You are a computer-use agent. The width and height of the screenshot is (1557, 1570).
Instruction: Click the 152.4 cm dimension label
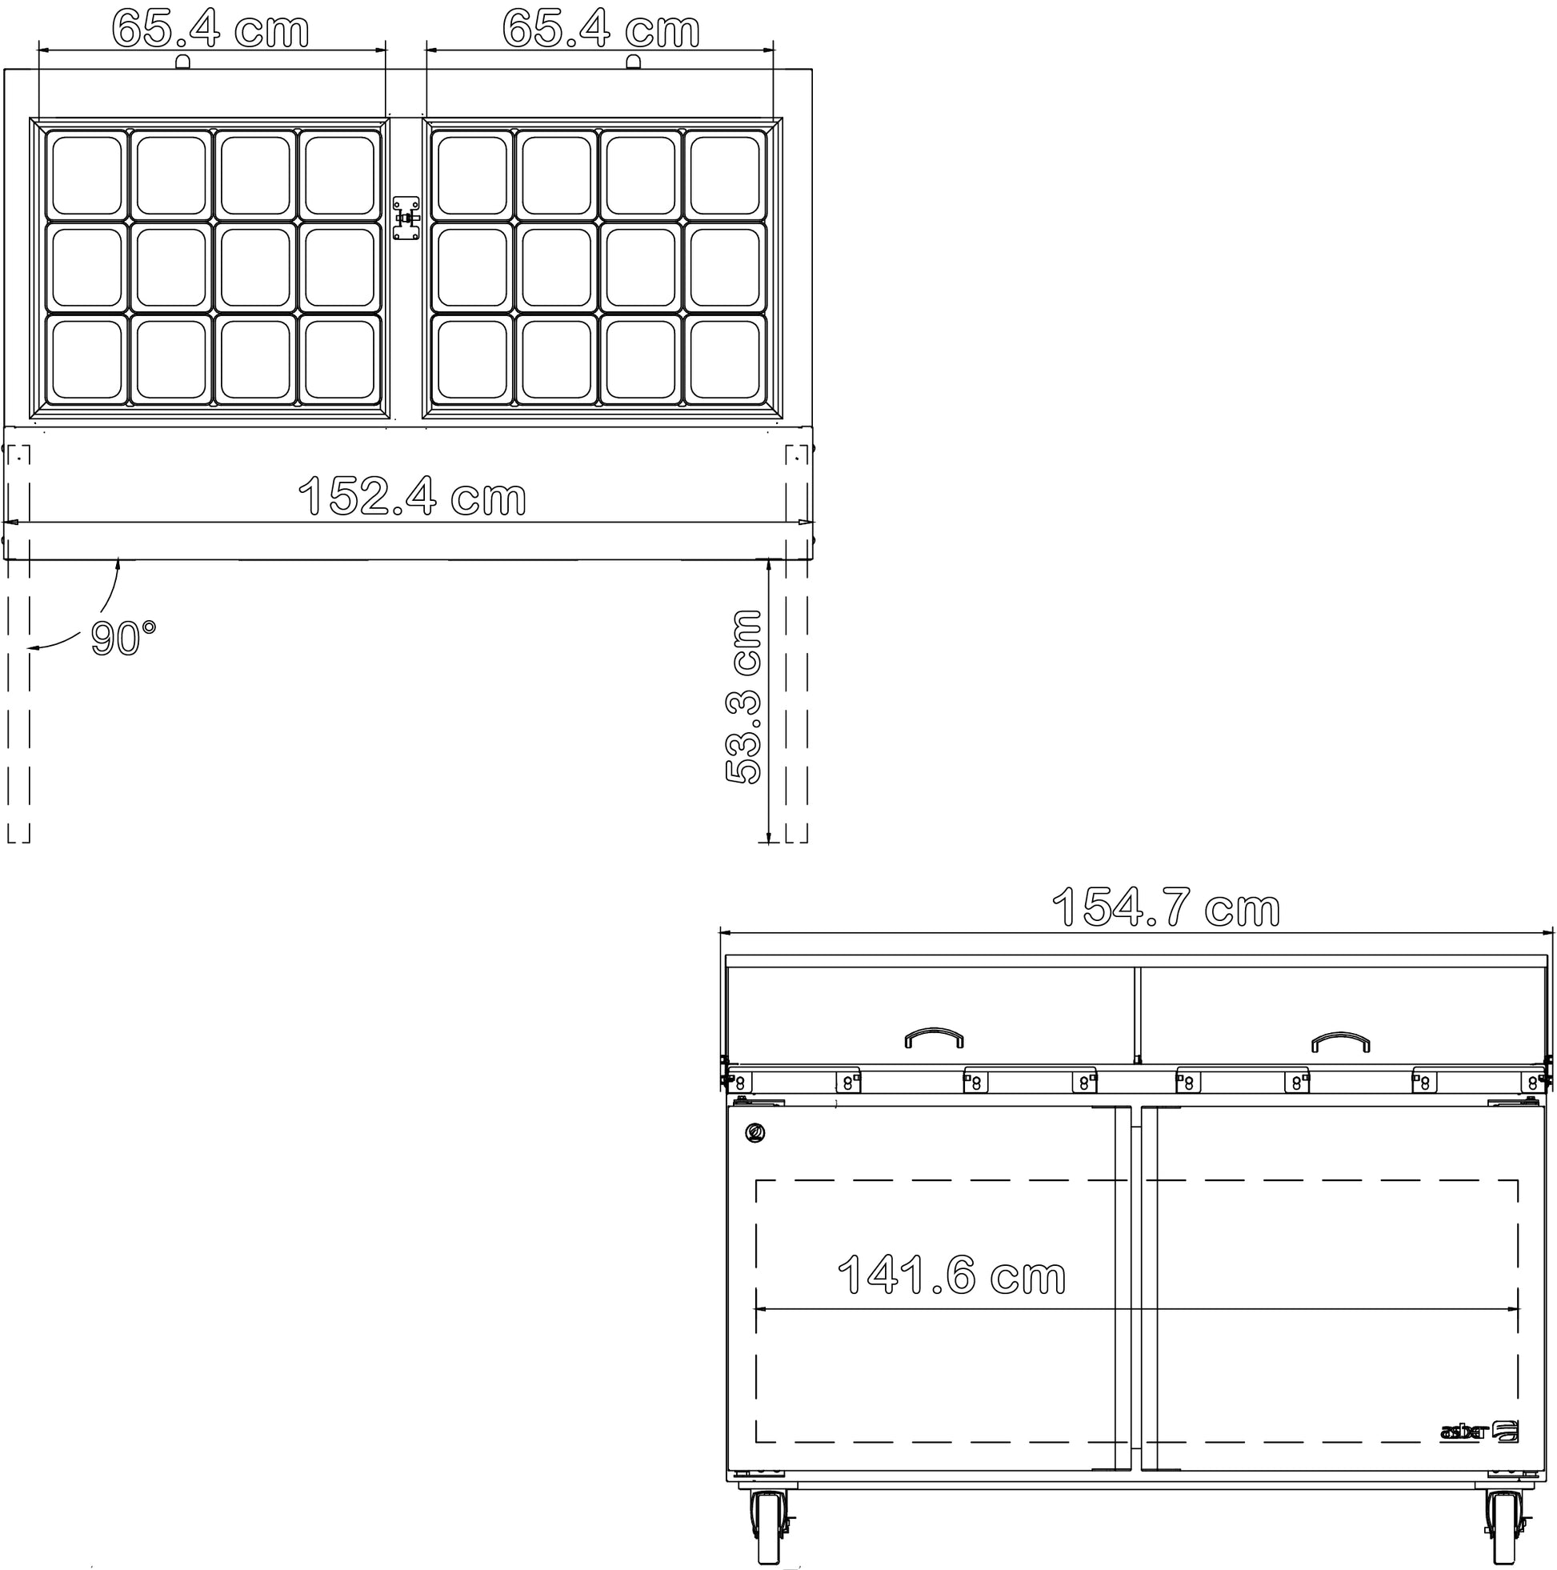click(x=413, y=495)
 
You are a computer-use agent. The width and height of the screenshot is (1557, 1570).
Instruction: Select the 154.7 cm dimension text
click(x=1166, y=907)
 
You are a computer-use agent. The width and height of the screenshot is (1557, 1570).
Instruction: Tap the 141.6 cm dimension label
click(x=951, y=1274)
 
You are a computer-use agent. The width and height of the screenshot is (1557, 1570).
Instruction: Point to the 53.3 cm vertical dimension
click(x=743, y=696)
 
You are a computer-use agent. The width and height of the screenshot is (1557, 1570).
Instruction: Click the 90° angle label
click(x=122, y=638)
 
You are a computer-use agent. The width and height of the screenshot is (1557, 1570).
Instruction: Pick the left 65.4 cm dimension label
click(x=210, y=29)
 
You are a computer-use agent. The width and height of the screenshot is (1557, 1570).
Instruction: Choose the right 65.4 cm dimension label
click(x=601, y=29)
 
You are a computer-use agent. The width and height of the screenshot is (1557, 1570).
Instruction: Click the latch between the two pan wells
click(x=406, y=218)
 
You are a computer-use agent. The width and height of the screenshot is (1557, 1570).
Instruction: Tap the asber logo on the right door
click(x=1479, y=1454)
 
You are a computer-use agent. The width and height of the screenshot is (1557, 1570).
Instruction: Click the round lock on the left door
click(x=755, y=1133)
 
